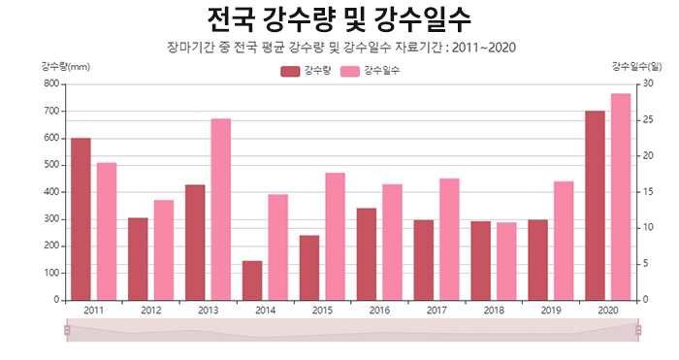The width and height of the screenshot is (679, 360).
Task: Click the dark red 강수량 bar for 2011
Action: (x=81, y=218)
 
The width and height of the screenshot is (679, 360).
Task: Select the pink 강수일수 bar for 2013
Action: (x=221, y=209)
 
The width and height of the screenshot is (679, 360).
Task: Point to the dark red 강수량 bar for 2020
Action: (x=595, y=205)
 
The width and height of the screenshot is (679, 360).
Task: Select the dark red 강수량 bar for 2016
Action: (x=367, y=253)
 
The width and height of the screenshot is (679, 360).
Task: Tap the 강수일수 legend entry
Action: (x=370, y=71)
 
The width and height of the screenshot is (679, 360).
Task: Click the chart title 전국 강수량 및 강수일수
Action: (x=339, y=18)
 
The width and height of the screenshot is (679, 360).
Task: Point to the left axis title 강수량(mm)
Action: (x=65, y=66)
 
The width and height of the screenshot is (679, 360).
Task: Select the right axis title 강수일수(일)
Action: (x=636, y=66)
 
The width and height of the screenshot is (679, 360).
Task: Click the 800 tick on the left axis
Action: (x=50, y=84)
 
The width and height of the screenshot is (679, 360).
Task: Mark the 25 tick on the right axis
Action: (x=647, y=120)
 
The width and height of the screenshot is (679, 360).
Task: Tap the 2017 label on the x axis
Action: (x=436, y=311)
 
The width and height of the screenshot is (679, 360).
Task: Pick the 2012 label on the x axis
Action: (x=150, y=311)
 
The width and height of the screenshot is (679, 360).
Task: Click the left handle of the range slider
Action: (x=67, y=331)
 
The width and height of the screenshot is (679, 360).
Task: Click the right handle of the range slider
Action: (x=638, y=331)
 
